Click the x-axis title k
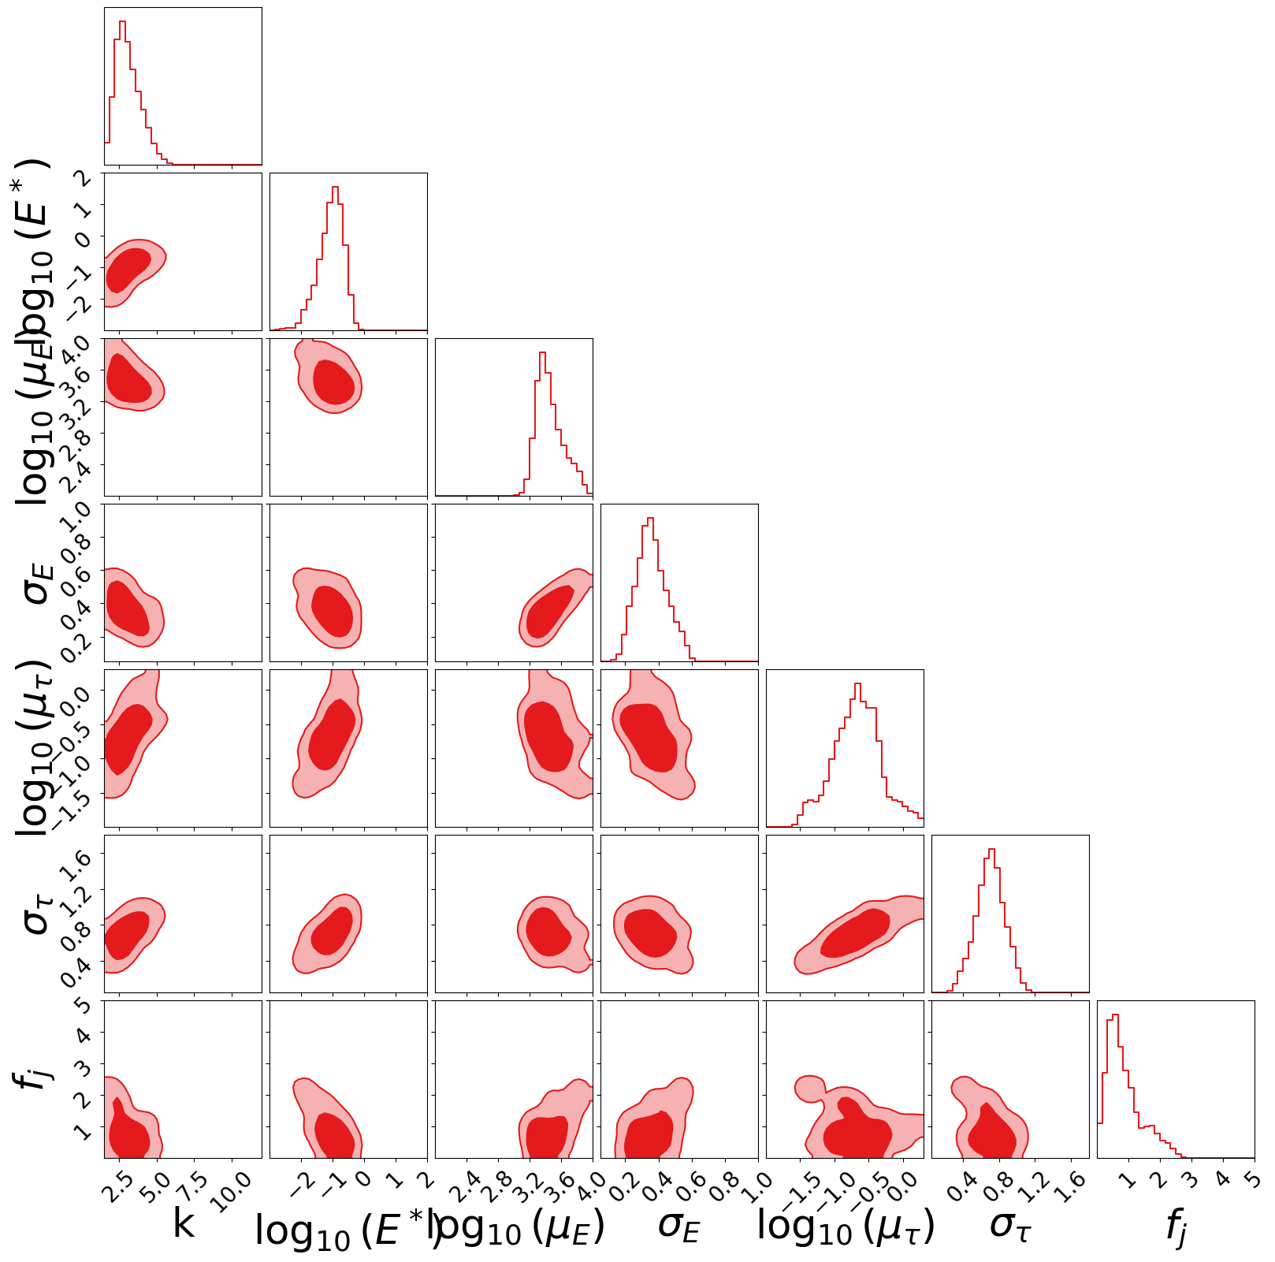pyautogui.click(x=183, y=1224)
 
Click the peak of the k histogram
pyautogui.click(x=122, y=22)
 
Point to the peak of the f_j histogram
pyautogui.click(x=1115, y=1015)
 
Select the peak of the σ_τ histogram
pyautogui.click(x=991, y=850)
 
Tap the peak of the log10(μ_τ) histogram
pyautogui.click(x=857, y=684)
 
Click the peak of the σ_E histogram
pyautogui.click(x=650, y=519)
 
